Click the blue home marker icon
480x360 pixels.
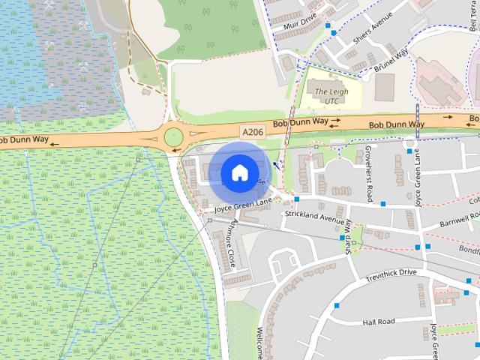pyautogui.click(x=238, y=172)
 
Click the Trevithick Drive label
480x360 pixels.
pyautogui.click(x=391, y=272)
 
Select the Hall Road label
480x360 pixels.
pyautogui.click(x=378, y=322)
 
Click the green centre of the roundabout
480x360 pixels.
pyautogui.click(x=174, y=137)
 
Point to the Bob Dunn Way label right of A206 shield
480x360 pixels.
pyautogui.click(x=300, y=123)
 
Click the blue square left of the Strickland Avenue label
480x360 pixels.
pyautogui.click(x=297, y=199)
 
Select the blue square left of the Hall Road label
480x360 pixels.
pyautogui.click(x=337, y=305)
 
